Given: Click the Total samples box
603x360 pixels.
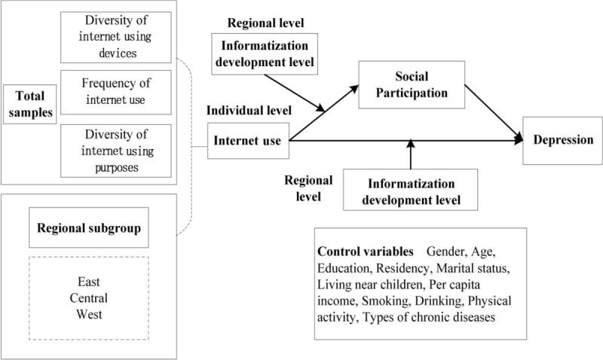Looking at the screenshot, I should coord(28,104).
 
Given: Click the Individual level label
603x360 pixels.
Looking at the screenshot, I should coord(249,111).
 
